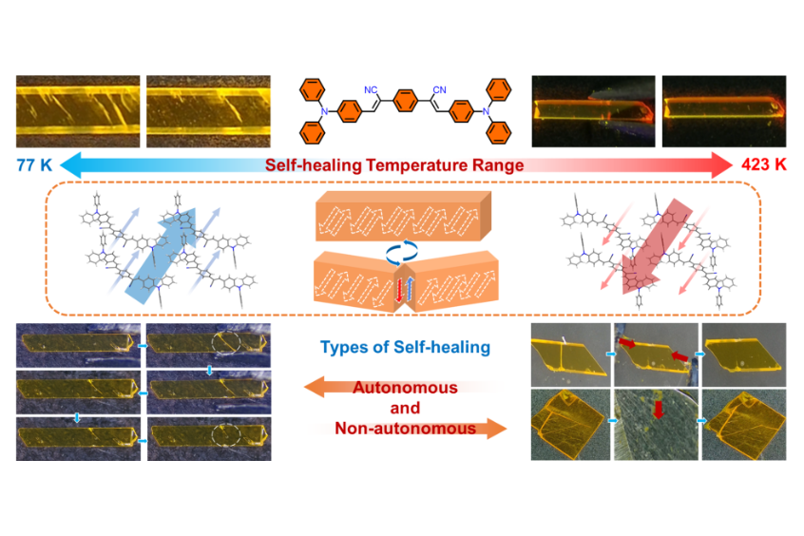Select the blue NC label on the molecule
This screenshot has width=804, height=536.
coord(370,90)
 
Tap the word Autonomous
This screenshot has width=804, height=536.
coord(404,389)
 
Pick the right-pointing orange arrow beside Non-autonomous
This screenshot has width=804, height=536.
coord(481,429)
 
